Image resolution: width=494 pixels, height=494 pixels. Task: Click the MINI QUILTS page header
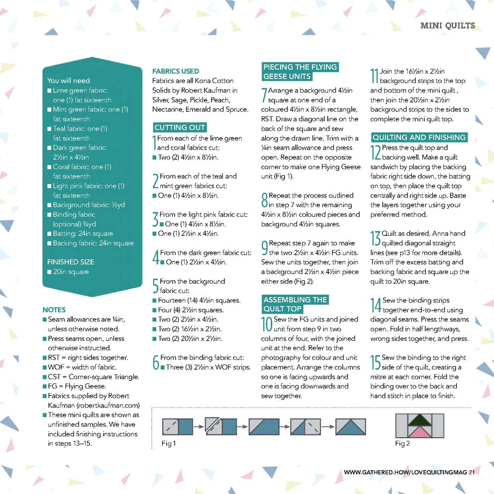click(x=447, y=26)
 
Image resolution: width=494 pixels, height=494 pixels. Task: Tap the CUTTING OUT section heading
click(x=180, y=128)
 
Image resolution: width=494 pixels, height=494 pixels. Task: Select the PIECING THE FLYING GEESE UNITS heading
click(x=300, y=72)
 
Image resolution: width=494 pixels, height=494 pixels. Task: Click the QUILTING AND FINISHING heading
click(x=419, y=137)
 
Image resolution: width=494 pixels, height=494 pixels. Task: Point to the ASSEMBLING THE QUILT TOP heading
click(x=295, y=304)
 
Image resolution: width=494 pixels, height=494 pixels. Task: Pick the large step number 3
click(x=155, y=219)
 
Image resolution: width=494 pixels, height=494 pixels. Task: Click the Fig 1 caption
click(x=169, y=443)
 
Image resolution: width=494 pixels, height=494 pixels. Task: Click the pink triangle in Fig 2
click(x=420, y=431)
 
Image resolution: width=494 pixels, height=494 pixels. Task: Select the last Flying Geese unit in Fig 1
click(x=350, y=426)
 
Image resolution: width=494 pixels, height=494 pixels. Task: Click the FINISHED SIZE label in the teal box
click(x=70, y=262)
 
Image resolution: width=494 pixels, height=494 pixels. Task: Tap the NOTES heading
click(x=54, y=309)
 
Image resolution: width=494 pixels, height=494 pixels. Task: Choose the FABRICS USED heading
click(x=176, y=71)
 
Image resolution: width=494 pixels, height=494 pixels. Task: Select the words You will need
click(x=68, y=81)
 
